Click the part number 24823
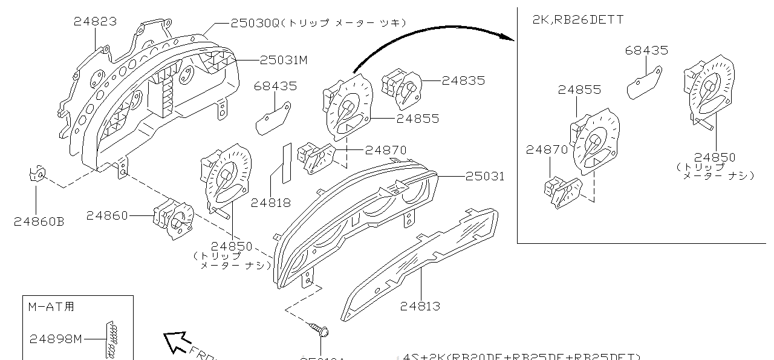95,22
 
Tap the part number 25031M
284,60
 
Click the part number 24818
270,203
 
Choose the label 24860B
39,221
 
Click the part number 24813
420,306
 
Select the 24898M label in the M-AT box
56,339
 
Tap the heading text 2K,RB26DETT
577,19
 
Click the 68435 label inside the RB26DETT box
646,51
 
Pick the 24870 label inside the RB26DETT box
547,149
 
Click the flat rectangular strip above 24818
286,162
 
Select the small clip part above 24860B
36,175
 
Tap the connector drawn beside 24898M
111,339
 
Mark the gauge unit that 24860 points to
173,218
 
